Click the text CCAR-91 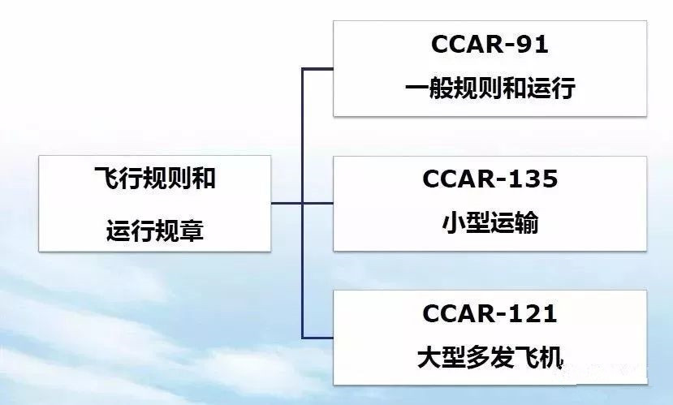point(490,44)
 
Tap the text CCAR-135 point(490,179)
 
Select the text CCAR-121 point(490,313)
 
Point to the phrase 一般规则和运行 point(490,88)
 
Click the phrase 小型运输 point(490,223)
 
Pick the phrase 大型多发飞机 point(490,358)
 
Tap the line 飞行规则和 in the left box point(154,178)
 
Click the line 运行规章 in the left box point(154,231)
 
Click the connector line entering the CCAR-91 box point(317,69)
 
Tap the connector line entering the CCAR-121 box point(317,338)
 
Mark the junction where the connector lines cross point(303,203)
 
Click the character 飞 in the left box point(106,178)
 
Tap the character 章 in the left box point(192,231)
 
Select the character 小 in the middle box point(454,223)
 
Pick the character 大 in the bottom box point(429,358)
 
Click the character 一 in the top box point(416,88)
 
